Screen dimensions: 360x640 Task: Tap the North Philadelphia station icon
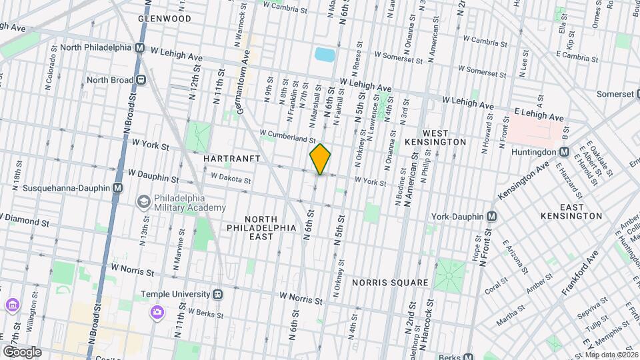[140, 48]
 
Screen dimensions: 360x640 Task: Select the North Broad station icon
[141, 80]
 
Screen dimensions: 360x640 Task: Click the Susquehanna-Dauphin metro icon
[117, 188]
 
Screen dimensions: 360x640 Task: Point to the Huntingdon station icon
[564, 151]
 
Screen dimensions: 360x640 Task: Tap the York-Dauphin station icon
[492, 217]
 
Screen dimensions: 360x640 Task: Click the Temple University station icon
[218, 294]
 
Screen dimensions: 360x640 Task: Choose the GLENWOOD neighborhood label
[165, 19]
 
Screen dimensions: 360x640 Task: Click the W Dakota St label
[230, 179]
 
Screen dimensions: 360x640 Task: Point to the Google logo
[22, 351]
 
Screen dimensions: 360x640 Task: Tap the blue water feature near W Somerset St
[324, 54]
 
